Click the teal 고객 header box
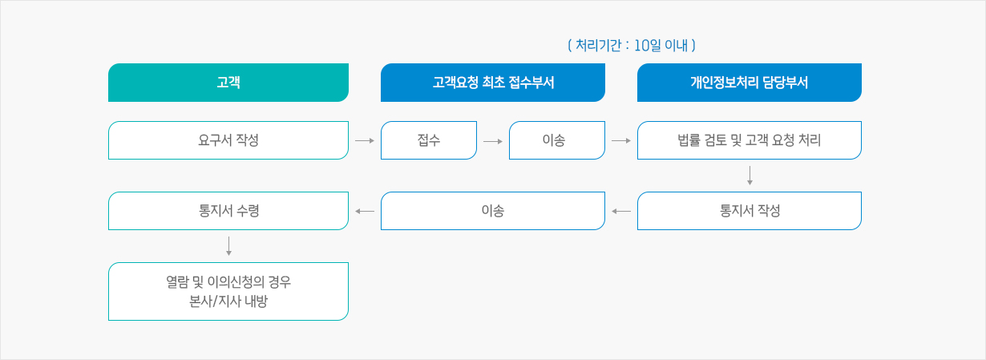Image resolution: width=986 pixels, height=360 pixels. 228,83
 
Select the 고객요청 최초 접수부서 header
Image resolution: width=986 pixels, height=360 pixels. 493,83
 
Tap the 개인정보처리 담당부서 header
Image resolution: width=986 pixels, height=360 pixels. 750,83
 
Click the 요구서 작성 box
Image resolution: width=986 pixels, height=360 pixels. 228,140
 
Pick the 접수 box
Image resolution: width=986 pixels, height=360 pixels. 429,140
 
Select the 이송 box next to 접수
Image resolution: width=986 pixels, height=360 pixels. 557,140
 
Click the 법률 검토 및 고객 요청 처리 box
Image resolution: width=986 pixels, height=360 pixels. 750,140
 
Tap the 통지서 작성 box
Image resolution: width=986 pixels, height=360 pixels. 750,211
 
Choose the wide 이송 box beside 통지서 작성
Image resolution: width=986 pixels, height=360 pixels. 493,211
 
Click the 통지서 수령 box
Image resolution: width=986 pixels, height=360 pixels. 228,211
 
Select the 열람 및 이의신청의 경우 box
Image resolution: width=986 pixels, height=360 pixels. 228,291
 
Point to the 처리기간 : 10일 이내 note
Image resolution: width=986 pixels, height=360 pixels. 632,46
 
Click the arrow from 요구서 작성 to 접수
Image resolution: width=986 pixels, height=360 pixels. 365,141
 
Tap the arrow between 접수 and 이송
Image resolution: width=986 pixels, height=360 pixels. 492,141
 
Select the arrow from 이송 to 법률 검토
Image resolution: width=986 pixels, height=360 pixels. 621,141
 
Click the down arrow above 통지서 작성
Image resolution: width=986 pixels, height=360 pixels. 750,176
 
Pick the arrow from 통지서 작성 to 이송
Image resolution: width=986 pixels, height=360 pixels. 621,211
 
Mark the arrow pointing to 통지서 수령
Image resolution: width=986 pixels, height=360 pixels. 365,211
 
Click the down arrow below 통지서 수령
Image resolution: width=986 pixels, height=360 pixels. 229,246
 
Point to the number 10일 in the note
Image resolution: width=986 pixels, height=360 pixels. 648,46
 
